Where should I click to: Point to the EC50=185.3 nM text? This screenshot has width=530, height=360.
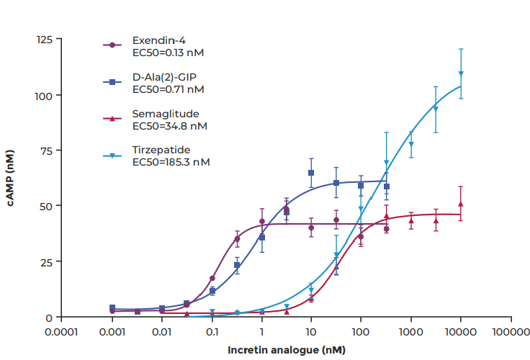pyautogui.click(x=171, y=162)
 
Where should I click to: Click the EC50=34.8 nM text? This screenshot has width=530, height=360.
pyautogui.click(x=170, y=126)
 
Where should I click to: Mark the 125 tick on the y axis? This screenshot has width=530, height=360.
pyautogui.click(x=45, y=39)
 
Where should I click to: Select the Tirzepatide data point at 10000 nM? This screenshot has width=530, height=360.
pyautogui.click(x=461, y=73)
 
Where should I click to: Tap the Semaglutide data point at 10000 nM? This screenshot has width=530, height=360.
pyautogui.click(x=461, y=204)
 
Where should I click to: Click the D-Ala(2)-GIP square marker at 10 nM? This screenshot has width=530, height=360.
pyautogui.click(x=311, y=173)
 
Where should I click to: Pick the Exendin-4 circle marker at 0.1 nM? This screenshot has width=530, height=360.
pyautogui.click(x=212, y=278)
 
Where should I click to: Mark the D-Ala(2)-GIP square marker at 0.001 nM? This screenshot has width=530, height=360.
pyautogui.click(x=112, y=308)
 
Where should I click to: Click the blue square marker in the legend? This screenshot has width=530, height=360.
pyautogui.click(x=112, y=82)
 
